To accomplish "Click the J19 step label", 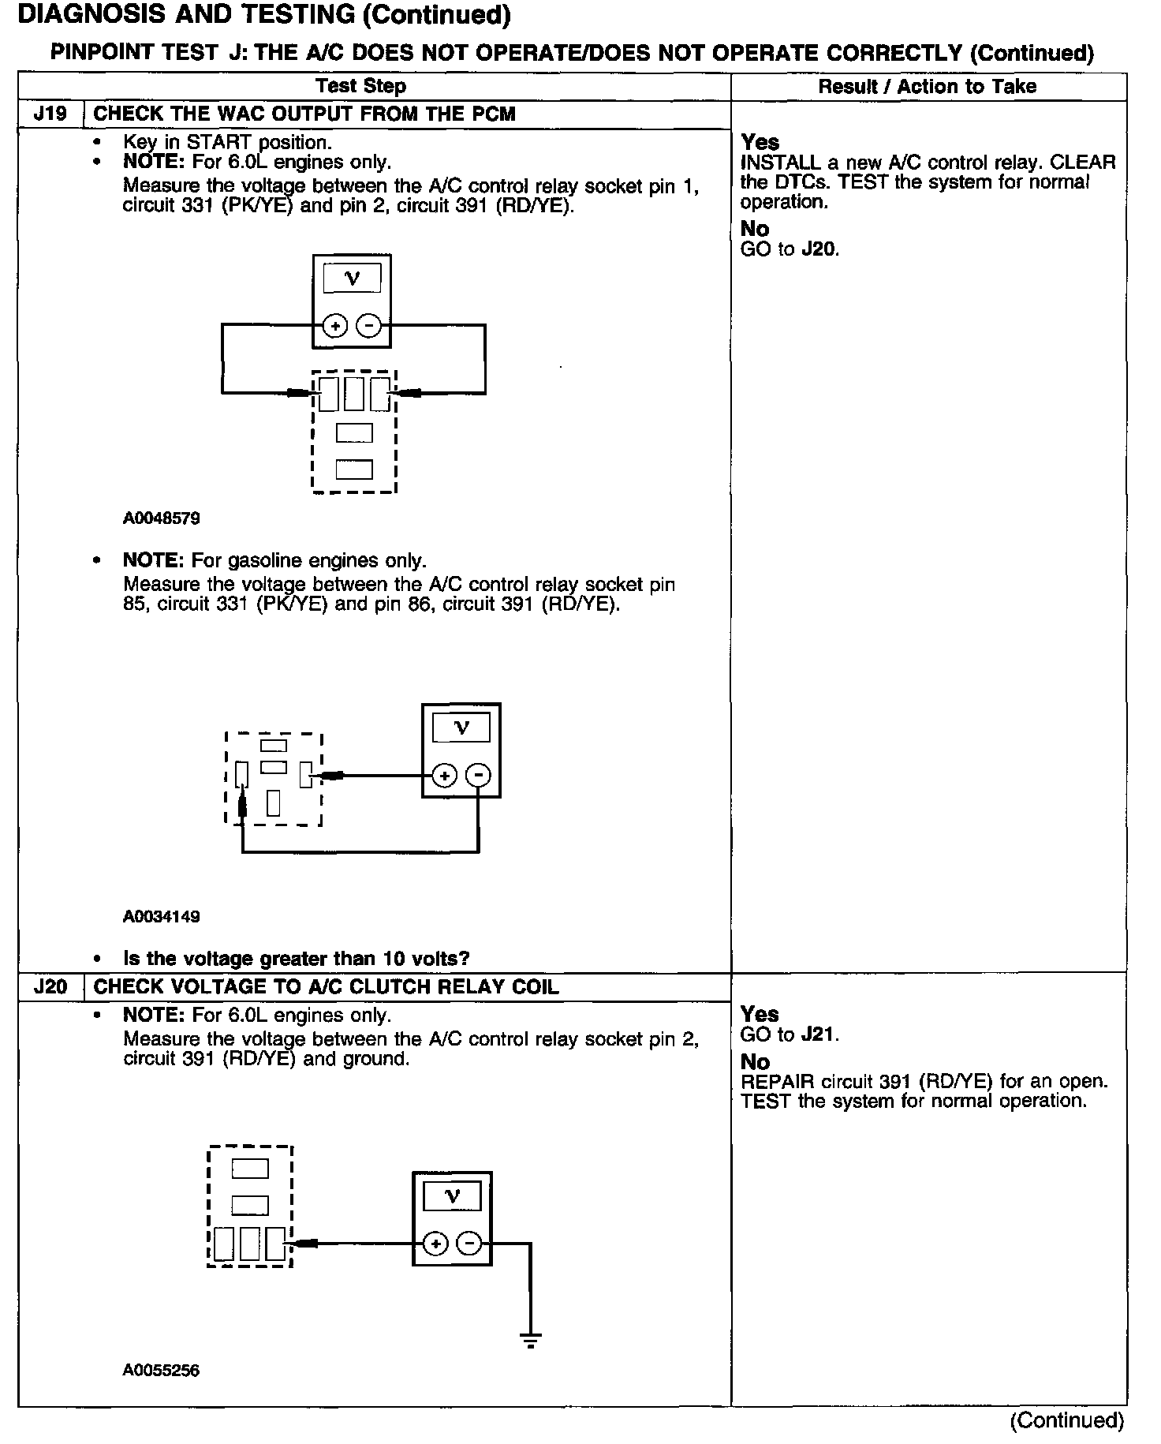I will (x=50, y=114).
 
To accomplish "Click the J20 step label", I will (x=50, y=987).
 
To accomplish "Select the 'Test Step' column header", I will (x=360, y=87).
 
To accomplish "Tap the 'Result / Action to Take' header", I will (x=927, y=87).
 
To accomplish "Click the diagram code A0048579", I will (x=161, y=518).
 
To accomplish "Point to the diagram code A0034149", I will (x=161, y=916).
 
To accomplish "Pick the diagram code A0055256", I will (x=161, y=1371).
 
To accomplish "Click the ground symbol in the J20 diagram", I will (x=530, y=1338).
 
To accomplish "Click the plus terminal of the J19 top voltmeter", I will (x=335, y=325).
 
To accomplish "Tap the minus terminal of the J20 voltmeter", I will (x=469, y=1244).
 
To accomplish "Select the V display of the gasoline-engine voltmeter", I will (x=461, y=728).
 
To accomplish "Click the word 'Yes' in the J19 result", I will (x=760, y=143).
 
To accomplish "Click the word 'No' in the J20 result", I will (x=755, y=1062).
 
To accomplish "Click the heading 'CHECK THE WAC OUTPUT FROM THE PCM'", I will (x=304, y=114).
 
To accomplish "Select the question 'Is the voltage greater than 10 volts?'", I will (x=297, y=959).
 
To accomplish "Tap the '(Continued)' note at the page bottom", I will (x=1066, y=1420).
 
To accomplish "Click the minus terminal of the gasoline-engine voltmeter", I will (x=478, y=776).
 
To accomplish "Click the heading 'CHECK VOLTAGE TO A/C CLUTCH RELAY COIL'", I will (x=326, y=987).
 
